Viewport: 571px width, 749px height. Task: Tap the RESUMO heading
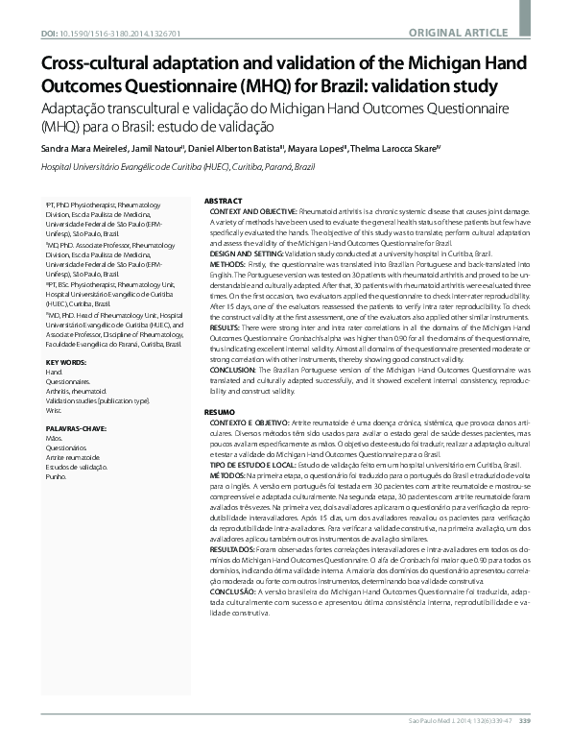(221, 411)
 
